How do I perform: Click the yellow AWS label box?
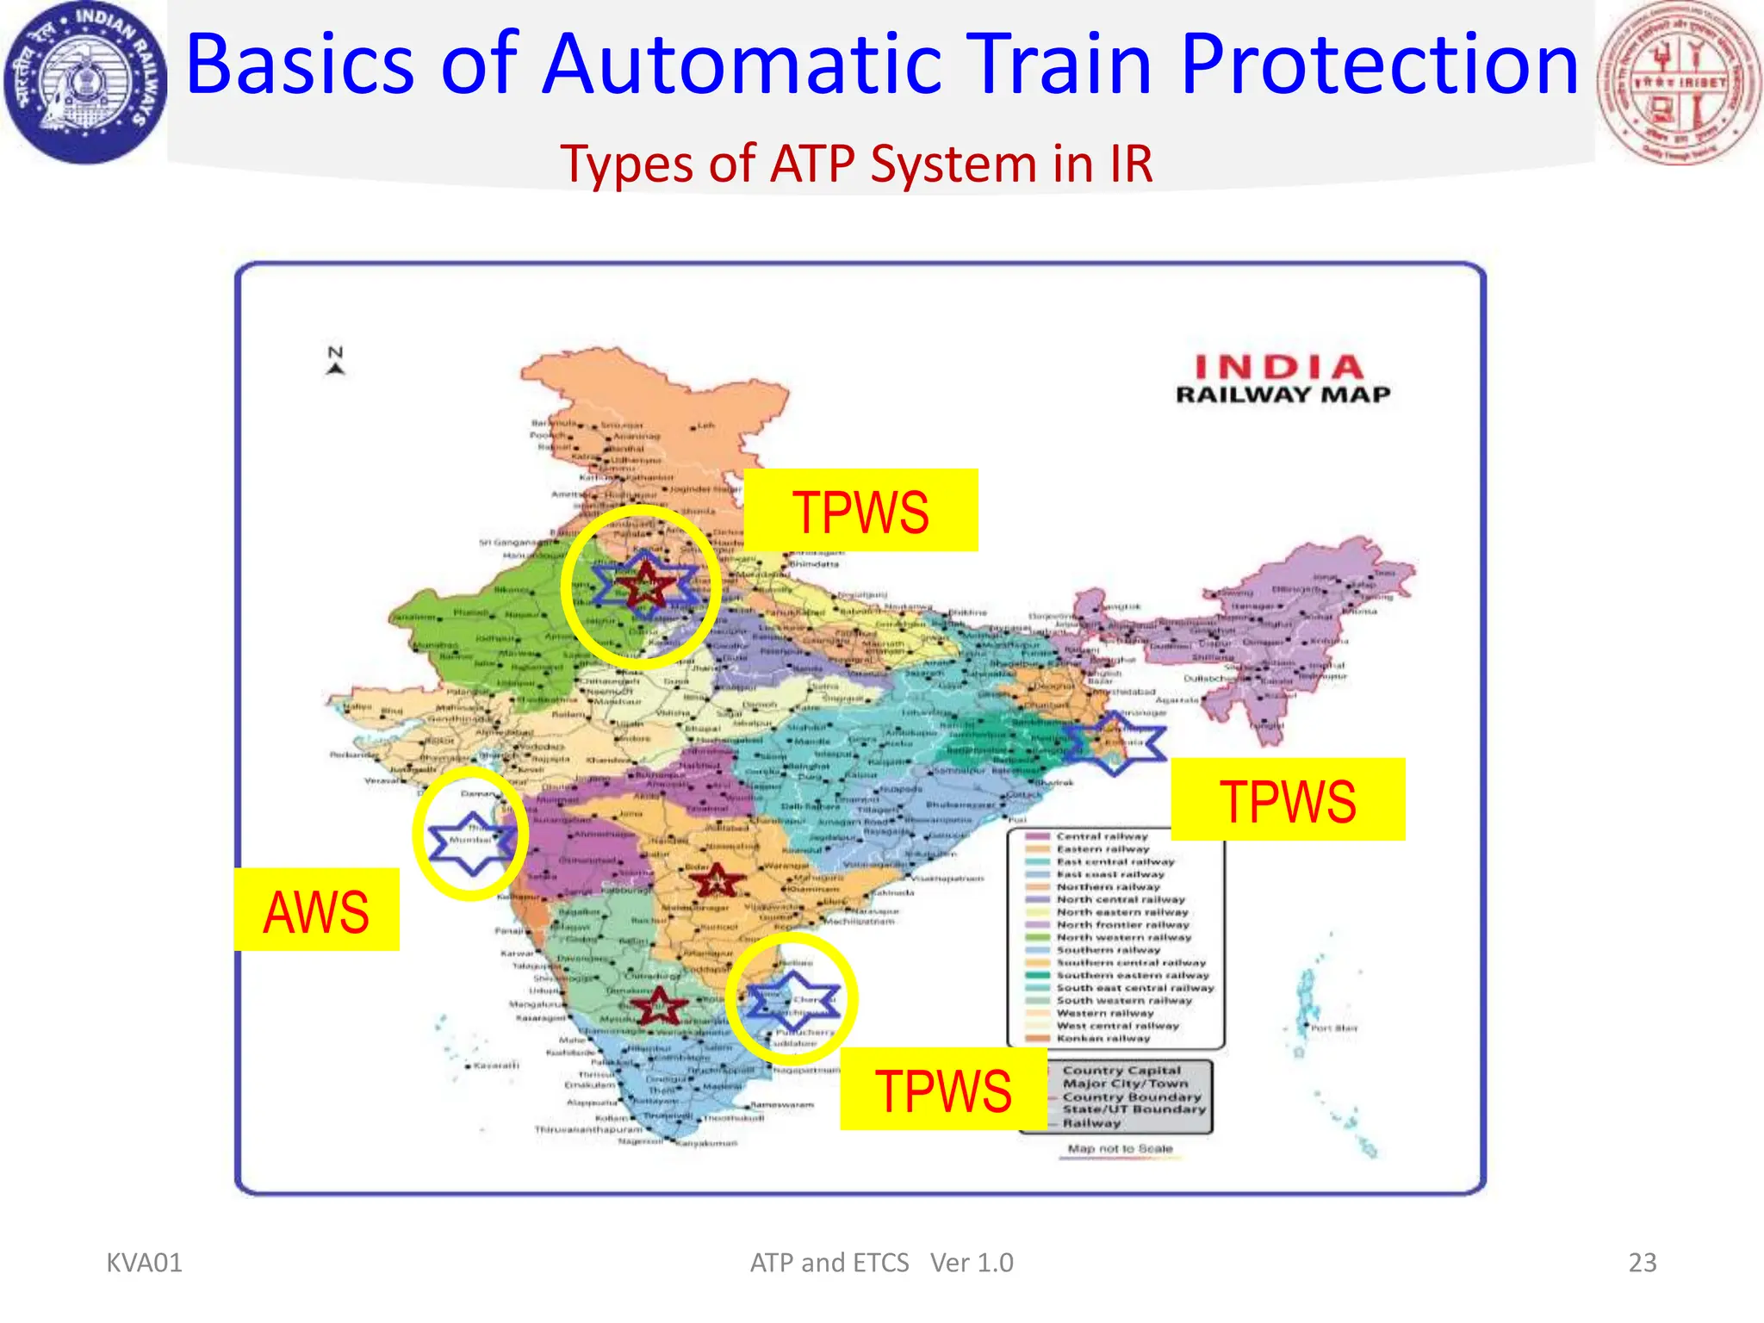click(316, 910)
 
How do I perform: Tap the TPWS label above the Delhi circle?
click(860, 511)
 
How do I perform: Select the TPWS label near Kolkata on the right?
click(1288, 799)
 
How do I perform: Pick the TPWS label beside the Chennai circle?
click(943, 1089)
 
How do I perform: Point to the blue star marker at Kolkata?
click(1115, 742)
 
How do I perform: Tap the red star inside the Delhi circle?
click(644, 585)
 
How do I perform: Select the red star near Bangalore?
click(659, 1004)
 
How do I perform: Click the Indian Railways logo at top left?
click(85, 82)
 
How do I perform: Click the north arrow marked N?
click(336, 360)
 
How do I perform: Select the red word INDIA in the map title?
click(1280, 368)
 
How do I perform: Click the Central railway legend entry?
click(1102, 835)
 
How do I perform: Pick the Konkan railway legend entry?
click(1102, 1038)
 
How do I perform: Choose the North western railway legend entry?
click(1123, 937)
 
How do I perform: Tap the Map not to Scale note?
click(1120, 1148)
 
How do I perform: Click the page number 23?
click(1642, 1262)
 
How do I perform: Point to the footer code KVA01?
click(144, 1263)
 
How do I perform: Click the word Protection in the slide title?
click(1379, 65)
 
